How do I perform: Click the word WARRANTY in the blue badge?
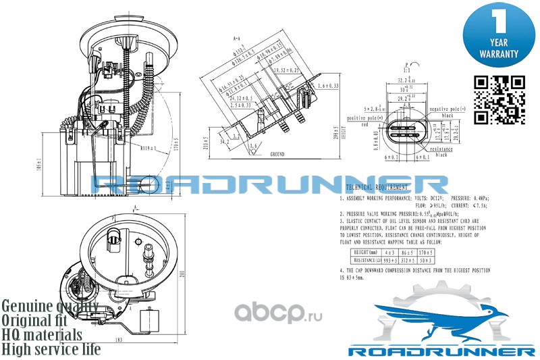pyautogui.click(x=499, y=53)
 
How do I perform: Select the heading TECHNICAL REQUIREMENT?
pyautogui.click(x=377, y=186)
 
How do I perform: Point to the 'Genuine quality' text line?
pyautogui.click(x=51, y=305)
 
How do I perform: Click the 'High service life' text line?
pyautogui.click(x=51, y=349)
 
